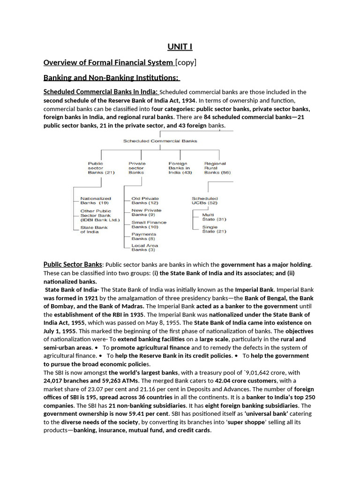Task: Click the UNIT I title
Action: pos(180,46)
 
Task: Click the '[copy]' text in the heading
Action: pos(186,62)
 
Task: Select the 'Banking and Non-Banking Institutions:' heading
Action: pos(112,77)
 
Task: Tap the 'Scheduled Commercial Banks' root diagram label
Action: pos(160,141)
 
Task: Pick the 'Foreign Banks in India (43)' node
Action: pos(180,168)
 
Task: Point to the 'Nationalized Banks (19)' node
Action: pos(96,201)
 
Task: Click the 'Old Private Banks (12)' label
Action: pos(145,201)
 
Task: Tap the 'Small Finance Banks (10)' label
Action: pos(149,225)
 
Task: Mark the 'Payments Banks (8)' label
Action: pos(144,236)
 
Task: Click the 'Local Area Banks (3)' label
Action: pos(145,247)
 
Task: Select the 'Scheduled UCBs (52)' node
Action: pos(205,201)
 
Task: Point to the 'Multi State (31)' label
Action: pos(214,217)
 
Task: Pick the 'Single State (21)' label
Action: pos(214,229)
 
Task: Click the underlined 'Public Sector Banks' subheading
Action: pos(73,264)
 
